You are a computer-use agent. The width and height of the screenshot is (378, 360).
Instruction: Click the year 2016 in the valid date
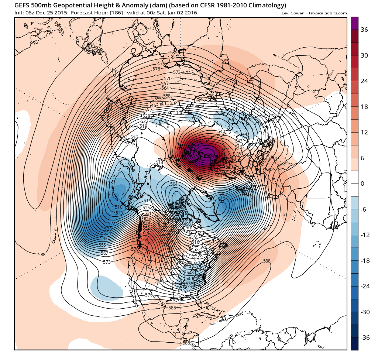coord(190,13)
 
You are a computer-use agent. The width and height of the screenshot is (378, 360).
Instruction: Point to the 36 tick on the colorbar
coord(364,30)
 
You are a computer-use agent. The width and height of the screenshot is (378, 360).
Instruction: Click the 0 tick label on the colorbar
coord(362,184)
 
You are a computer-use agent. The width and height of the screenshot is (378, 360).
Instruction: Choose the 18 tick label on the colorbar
coord(364,107)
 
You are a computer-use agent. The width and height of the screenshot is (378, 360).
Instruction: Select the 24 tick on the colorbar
coord(364,81)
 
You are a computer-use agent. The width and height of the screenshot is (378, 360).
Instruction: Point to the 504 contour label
coord(173,184)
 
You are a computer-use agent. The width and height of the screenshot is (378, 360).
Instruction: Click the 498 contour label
coord(187,224)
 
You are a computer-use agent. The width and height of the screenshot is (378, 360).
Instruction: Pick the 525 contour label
coord(146,208)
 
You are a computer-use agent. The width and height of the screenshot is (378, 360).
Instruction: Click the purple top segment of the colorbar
coord(354,23)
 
